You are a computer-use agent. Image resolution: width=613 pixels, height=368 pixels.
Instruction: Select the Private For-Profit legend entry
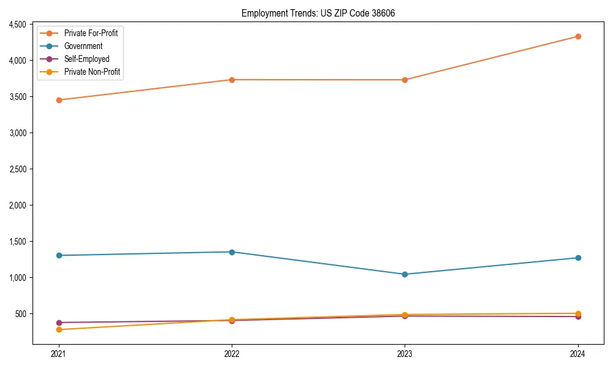[91, 33]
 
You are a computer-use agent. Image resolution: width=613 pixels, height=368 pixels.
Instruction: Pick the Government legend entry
[83, 46]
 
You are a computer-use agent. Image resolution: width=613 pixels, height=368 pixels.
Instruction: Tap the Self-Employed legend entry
[86, 59]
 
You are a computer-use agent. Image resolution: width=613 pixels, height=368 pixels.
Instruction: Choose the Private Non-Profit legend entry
[92, 72]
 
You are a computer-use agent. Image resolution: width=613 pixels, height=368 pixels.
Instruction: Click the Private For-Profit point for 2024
[578, 36]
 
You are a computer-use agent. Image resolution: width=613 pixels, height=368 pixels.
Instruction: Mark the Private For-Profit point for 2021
[59, 100]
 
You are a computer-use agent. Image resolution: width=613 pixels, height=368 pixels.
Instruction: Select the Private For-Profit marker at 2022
[232, 80]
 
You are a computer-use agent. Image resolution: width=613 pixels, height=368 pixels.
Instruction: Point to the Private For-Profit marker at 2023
[405, 80]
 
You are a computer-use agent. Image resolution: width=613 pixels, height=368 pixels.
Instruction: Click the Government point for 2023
[405, 274]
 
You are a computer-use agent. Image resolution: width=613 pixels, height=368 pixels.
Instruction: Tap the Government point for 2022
[232, 252]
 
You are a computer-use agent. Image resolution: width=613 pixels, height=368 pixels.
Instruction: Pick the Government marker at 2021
[59, 255]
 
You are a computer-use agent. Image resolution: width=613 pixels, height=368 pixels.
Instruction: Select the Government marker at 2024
[578, 258]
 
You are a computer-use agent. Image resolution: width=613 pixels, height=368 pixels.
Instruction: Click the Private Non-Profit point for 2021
[59, 330]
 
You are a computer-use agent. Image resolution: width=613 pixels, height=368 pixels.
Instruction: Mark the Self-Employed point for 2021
[59, 323]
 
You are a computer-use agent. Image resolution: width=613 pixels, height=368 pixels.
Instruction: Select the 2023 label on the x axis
[405, 353]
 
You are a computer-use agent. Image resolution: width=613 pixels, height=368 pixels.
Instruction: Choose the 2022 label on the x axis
[232, 353]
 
